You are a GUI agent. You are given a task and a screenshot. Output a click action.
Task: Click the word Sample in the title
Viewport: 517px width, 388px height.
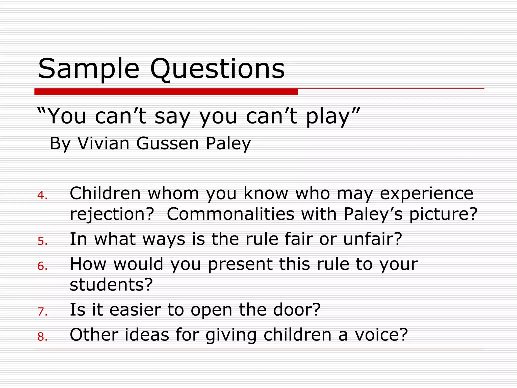click(88, 69)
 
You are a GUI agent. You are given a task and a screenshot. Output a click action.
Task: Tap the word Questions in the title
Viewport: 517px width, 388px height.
click(217, 69)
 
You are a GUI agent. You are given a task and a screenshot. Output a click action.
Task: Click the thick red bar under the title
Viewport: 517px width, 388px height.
click(166, 92)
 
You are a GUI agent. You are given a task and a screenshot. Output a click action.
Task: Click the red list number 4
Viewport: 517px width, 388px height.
click(42, 195)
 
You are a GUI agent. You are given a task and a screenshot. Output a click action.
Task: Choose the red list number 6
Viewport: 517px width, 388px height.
click(42, 266)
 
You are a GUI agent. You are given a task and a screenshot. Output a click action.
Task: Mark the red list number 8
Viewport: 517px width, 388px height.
click(42, 336)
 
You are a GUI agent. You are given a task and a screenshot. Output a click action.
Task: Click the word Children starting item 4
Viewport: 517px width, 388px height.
click(105, 193)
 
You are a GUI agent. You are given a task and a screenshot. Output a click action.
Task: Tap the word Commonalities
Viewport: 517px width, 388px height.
click(230, 214)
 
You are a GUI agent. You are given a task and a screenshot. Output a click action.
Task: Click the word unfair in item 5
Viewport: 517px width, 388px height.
click(372, 239)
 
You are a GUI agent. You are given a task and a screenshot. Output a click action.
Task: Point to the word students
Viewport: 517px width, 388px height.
click(111, 284)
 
